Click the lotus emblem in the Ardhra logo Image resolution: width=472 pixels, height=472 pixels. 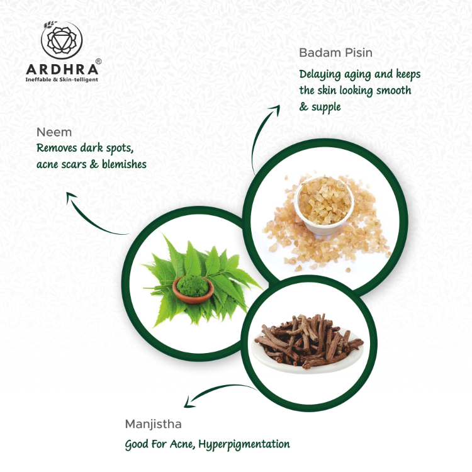point(62,40)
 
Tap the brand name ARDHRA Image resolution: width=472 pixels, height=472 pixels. point(62,69)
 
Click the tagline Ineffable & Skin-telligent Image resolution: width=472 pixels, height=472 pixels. point(62,80)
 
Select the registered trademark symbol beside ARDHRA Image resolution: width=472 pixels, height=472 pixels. point(98,62)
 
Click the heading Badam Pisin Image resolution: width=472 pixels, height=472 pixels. point(335,53)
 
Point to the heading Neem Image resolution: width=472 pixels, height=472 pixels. point(54,132)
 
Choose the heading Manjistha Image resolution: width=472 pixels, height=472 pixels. point(153,424)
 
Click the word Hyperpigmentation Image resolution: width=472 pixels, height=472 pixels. point(244,444)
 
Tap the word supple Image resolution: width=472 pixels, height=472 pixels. point(326,107)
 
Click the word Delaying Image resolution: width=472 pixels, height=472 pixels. point(320,75)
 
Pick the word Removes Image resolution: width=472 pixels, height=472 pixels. point(57,148)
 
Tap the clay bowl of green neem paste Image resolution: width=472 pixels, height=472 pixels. point(193,289)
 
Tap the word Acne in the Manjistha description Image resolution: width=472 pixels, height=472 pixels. point(181,444)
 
